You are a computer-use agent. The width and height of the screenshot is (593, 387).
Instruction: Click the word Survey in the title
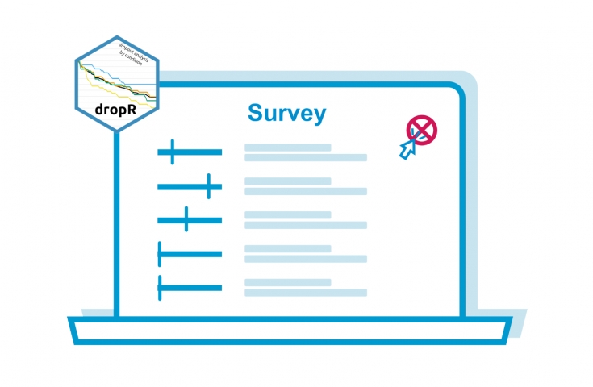287,113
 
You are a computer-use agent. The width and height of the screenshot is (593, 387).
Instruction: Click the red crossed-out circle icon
421,129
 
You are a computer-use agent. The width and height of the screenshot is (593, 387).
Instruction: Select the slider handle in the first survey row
172,151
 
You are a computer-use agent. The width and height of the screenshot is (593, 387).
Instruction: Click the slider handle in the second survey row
209,186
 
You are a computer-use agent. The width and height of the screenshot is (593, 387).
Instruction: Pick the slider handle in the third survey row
186,219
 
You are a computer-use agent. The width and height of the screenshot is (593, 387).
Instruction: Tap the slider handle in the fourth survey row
161,254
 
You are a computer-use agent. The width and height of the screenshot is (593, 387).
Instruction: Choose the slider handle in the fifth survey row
161,287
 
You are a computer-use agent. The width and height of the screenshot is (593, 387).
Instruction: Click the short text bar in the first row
287,148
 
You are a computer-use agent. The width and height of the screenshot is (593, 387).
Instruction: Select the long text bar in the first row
306,158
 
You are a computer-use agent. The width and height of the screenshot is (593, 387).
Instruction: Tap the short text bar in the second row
287,181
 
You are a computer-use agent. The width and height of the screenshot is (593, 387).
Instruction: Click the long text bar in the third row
306,225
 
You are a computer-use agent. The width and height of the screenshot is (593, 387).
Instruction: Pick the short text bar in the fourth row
287,248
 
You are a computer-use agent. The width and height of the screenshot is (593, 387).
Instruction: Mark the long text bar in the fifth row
306,292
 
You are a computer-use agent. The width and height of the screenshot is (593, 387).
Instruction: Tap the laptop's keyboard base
290,331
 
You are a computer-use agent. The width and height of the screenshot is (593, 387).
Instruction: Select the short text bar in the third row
287,214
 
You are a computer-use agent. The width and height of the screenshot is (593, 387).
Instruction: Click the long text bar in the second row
306,191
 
